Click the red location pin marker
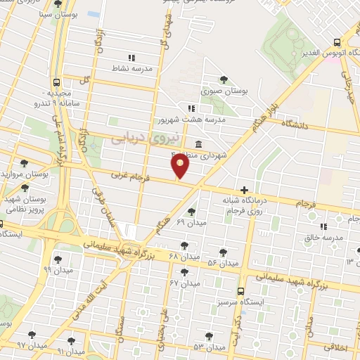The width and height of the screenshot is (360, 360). [x=181, y=166]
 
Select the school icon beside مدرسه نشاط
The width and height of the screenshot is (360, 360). [x=131, y=58]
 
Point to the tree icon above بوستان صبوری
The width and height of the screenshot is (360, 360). [x=224, y=79]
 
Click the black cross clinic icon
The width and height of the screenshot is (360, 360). [x=244, y=189]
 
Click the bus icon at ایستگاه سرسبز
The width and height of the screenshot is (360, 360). [x=241, y=290]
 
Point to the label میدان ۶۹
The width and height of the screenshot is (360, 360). [x=191, y=223]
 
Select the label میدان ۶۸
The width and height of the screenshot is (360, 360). [x=184, y=255]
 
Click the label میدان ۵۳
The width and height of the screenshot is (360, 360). [x=209, y=347]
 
